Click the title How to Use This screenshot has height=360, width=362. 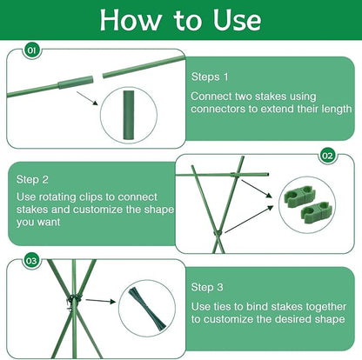coord(180,20)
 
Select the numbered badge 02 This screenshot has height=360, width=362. coord(327,156)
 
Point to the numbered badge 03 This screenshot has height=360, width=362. coord(31,259)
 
